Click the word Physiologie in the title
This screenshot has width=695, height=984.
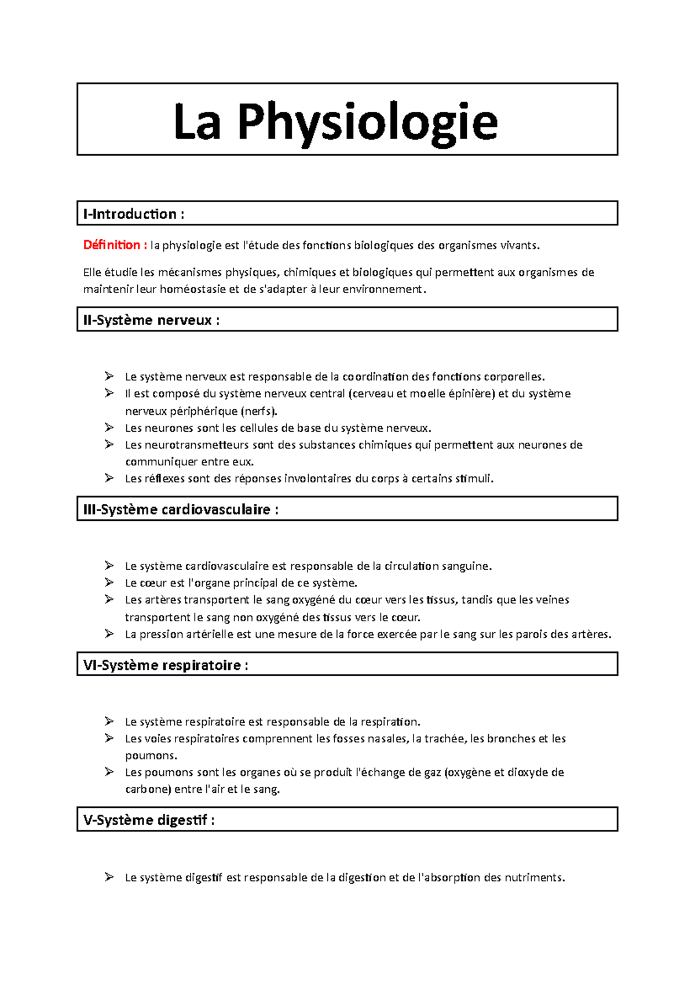pos(367,122)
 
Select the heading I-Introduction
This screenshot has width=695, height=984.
pos(130,214)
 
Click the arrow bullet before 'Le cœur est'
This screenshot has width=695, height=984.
pos(109,582)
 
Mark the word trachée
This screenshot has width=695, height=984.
pos(444,738)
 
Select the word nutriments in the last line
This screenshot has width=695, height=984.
pos(533,877)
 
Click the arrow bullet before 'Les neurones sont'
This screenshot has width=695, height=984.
pos(109,428)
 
